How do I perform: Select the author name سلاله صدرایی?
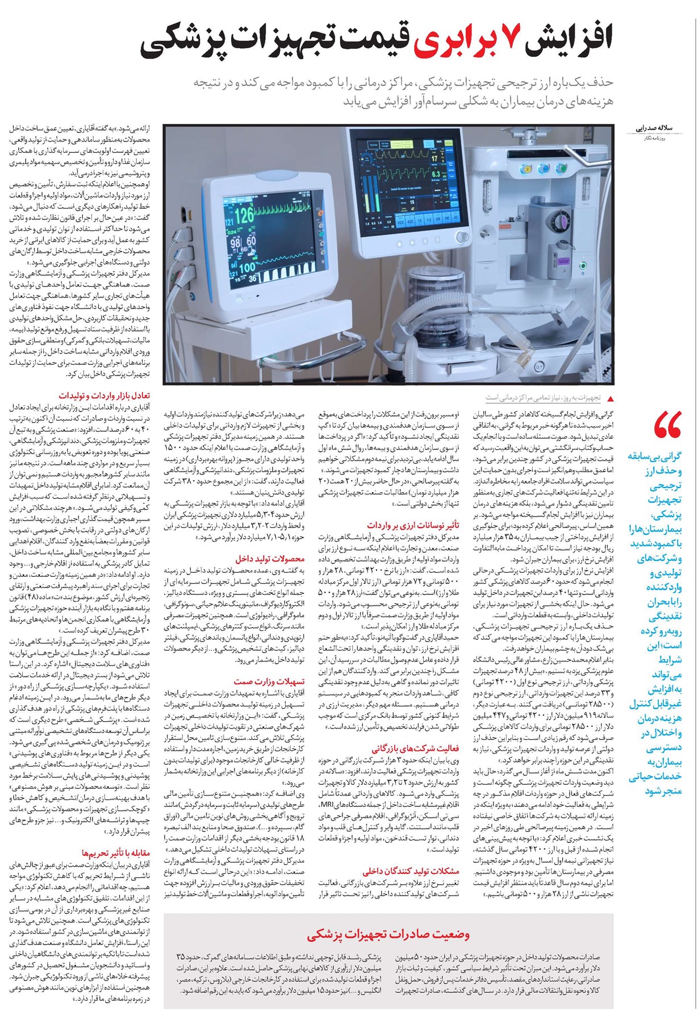(x=659, y=129)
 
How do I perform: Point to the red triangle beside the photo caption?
(x=611, y=398)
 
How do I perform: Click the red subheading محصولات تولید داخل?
(x=270, y=559)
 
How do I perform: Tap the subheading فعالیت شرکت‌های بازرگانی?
(x=415, y=748)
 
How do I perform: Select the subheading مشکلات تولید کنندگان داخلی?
(x=411, y=871)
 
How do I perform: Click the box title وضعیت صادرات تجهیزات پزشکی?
(x=388, y=934)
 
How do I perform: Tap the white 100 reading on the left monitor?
(x=247, y=268)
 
